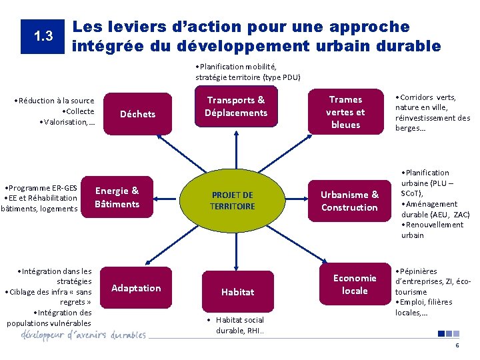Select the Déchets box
[137, 114]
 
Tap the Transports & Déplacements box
[236, 107]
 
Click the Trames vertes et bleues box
[345, 112]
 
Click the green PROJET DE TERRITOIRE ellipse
[232, 201]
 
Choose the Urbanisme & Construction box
[349, 201]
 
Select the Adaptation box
[136, 288]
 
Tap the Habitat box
[238, 291]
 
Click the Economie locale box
[355, 284]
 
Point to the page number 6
[457, 346]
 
